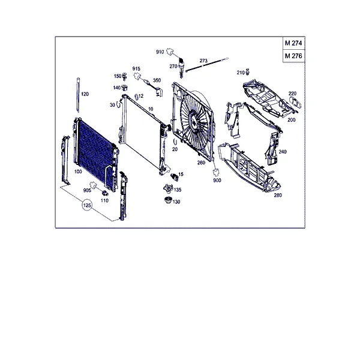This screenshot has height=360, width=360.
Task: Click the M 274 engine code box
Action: coord(293,43)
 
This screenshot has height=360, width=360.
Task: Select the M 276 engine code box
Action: coord(293,56)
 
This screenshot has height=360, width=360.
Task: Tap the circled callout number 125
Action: coord(87,205)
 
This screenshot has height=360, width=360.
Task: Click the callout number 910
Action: coord(160,52)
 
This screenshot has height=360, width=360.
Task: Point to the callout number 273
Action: coord(203,61)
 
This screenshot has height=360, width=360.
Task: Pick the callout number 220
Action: coord(292,94)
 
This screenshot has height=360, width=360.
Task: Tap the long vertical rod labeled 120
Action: coord(78,95)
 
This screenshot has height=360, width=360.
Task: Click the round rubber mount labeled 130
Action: coord(168,200)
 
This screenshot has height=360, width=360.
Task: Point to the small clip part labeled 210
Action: coord(247,71)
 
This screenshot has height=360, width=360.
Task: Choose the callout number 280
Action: coord(278,195)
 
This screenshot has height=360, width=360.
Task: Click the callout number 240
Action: coord(283,152)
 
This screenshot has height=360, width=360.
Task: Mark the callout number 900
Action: coord(217,181)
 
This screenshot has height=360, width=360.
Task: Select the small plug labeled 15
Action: coord(175,177)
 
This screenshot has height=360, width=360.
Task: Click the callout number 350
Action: coord(157,80)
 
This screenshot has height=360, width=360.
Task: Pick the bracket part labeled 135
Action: coord(168,188)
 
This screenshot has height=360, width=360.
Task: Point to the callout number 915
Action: coord(136,68)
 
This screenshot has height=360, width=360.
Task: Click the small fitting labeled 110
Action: coord(105,193)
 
